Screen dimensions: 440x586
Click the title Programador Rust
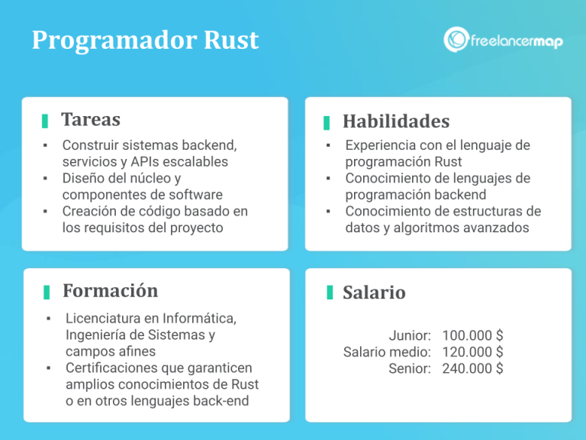coord(145,40)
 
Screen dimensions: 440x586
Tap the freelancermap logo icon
coord(456,40)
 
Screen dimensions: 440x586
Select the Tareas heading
coord(91,120)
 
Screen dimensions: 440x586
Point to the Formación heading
coord(110,291)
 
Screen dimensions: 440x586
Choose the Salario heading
coord(374,293)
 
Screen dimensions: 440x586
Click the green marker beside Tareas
coord(45,121)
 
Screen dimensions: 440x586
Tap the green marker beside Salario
coord(330,293)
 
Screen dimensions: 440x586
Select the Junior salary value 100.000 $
coord(472,336)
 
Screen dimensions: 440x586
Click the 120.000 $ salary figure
coord(472,352)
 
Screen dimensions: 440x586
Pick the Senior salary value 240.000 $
coord(472,368)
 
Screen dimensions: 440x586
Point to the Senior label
coord(410,368)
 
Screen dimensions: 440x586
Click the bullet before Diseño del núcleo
coord(46,178)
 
